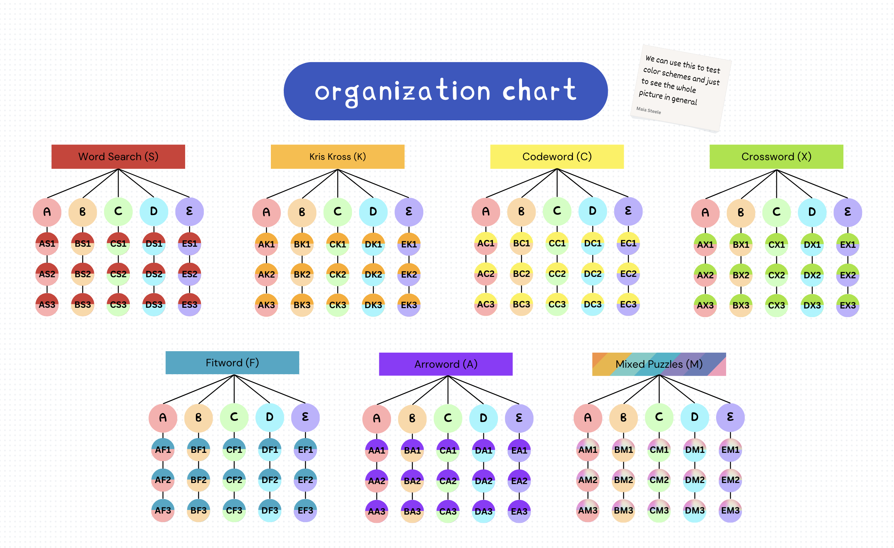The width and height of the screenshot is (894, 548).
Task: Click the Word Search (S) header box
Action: point(118,157)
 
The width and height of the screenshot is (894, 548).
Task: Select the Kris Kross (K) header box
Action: point(338,157)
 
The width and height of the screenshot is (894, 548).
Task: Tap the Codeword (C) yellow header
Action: point(557,157)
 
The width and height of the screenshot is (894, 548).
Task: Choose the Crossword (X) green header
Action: point(776,157)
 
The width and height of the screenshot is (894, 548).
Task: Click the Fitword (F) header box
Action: point(232,362)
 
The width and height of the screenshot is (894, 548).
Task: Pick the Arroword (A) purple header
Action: point(446,364)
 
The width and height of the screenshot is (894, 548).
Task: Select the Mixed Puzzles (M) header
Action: point(659,364)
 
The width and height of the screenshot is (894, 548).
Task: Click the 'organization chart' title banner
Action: point(446,91)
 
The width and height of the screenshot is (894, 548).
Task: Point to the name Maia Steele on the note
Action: point(648,110)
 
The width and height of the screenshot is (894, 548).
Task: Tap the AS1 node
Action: point(47,244)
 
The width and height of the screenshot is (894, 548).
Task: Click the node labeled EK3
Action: point(409,305)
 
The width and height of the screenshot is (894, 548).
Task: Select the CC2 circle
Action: point(557,274)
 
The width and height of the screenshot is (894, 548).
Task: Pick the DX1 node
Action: point(812,245)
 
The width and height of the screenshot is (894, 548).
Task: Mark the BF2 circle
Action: point(198,480)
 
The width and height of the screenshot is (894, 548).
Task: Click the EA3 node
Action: point(519,511)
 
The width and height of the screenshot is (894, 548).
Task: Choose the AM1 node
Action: point(588,450)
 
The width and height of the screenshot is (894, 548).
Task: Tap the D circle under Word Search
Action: point(154,212)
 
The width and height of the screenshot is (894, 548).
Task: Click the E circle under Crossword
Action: point(848,212)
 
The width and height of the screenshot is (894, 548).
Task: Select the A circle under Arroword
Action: point(377,418)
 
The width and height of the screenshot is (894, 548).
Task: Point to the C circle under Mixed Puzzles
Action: point(659,417)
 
